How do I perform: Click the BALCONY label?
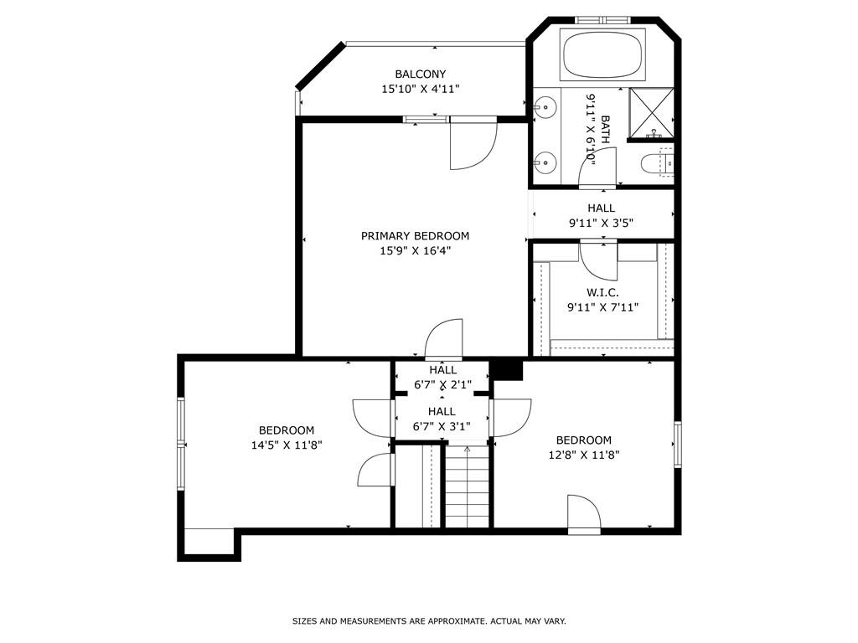[421, 74]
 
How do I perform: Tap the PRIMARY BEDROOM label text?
[415, 235]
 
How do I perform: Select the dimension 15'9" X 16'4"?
[415, 251]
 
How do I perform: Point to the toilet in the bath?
[656, 163]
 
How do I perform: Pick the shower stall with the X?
[650, 113]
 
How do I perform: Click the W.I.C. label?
[602, 292]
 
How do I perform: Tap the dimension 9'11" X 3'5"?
[601, 223]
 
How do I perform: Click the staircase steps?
[467, 486]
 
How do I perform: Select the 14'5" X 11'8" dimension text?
[287, 445]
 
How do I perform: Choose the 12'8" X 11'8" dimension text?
[583, 455]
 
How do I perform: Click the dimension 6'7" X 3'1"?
[442, 426]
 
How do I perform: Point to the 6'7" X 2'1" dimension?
[442, 385]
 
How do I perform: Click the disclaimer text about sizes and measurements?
[429, 621]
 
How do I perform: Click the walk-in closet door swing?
[598, 262]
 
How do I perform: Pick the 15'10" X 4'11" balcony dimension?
[421, 89]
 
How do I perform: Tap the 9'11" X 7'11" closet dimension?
[602, 307]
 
